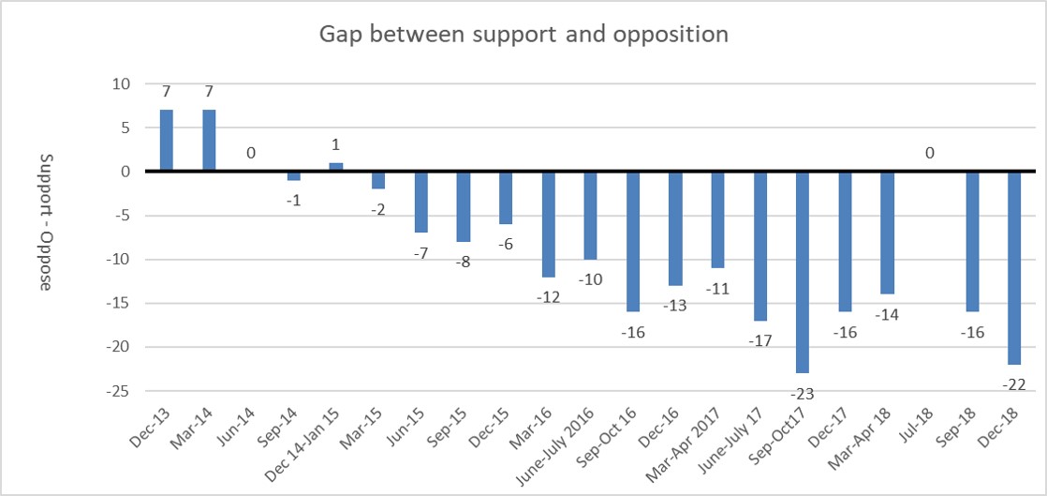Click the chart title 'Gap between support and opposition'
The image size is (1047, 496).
(523, 35)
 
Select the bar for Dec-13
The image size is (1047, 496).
(167, 141)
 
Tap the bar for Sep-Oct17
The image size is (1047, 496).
(803, 272)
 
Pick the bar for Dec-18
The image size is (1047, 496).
(1014, 267)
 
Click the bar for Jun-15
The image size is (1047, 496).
(421, 202)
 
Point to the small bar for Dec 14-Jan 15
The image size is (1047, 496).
(336, 168)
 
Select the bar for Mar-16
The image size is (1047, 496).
(548, 224)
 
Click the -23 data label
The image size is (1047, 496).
(803, 394)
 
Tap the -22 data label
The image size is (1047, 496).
(1014, 384)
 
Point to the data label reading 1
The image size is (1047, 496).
(336, 145)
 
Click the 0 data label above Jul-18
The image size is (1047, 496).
(930, 153)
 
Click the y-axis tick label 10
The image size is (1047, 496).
(123, 84)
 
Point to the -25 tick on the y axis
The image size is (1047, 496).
(120, 391)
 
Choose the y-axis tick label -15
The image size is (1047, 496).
(120, 303)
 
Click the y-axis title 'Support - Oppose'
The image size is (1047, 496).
(45, 222)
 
